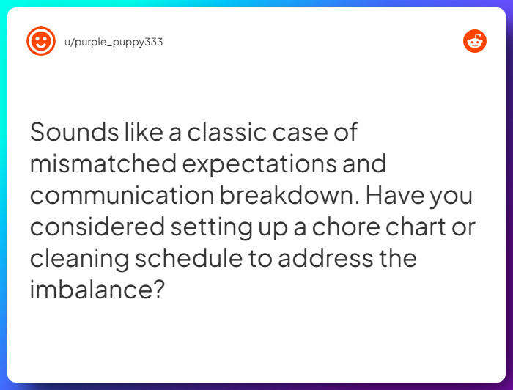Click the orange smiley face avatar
coord(40,42)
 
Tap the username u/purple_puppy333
coord(114,43)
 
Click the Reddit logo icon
coord(475,42)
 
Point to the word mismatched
coord(103,164)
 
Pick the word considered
coord(97,227)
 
